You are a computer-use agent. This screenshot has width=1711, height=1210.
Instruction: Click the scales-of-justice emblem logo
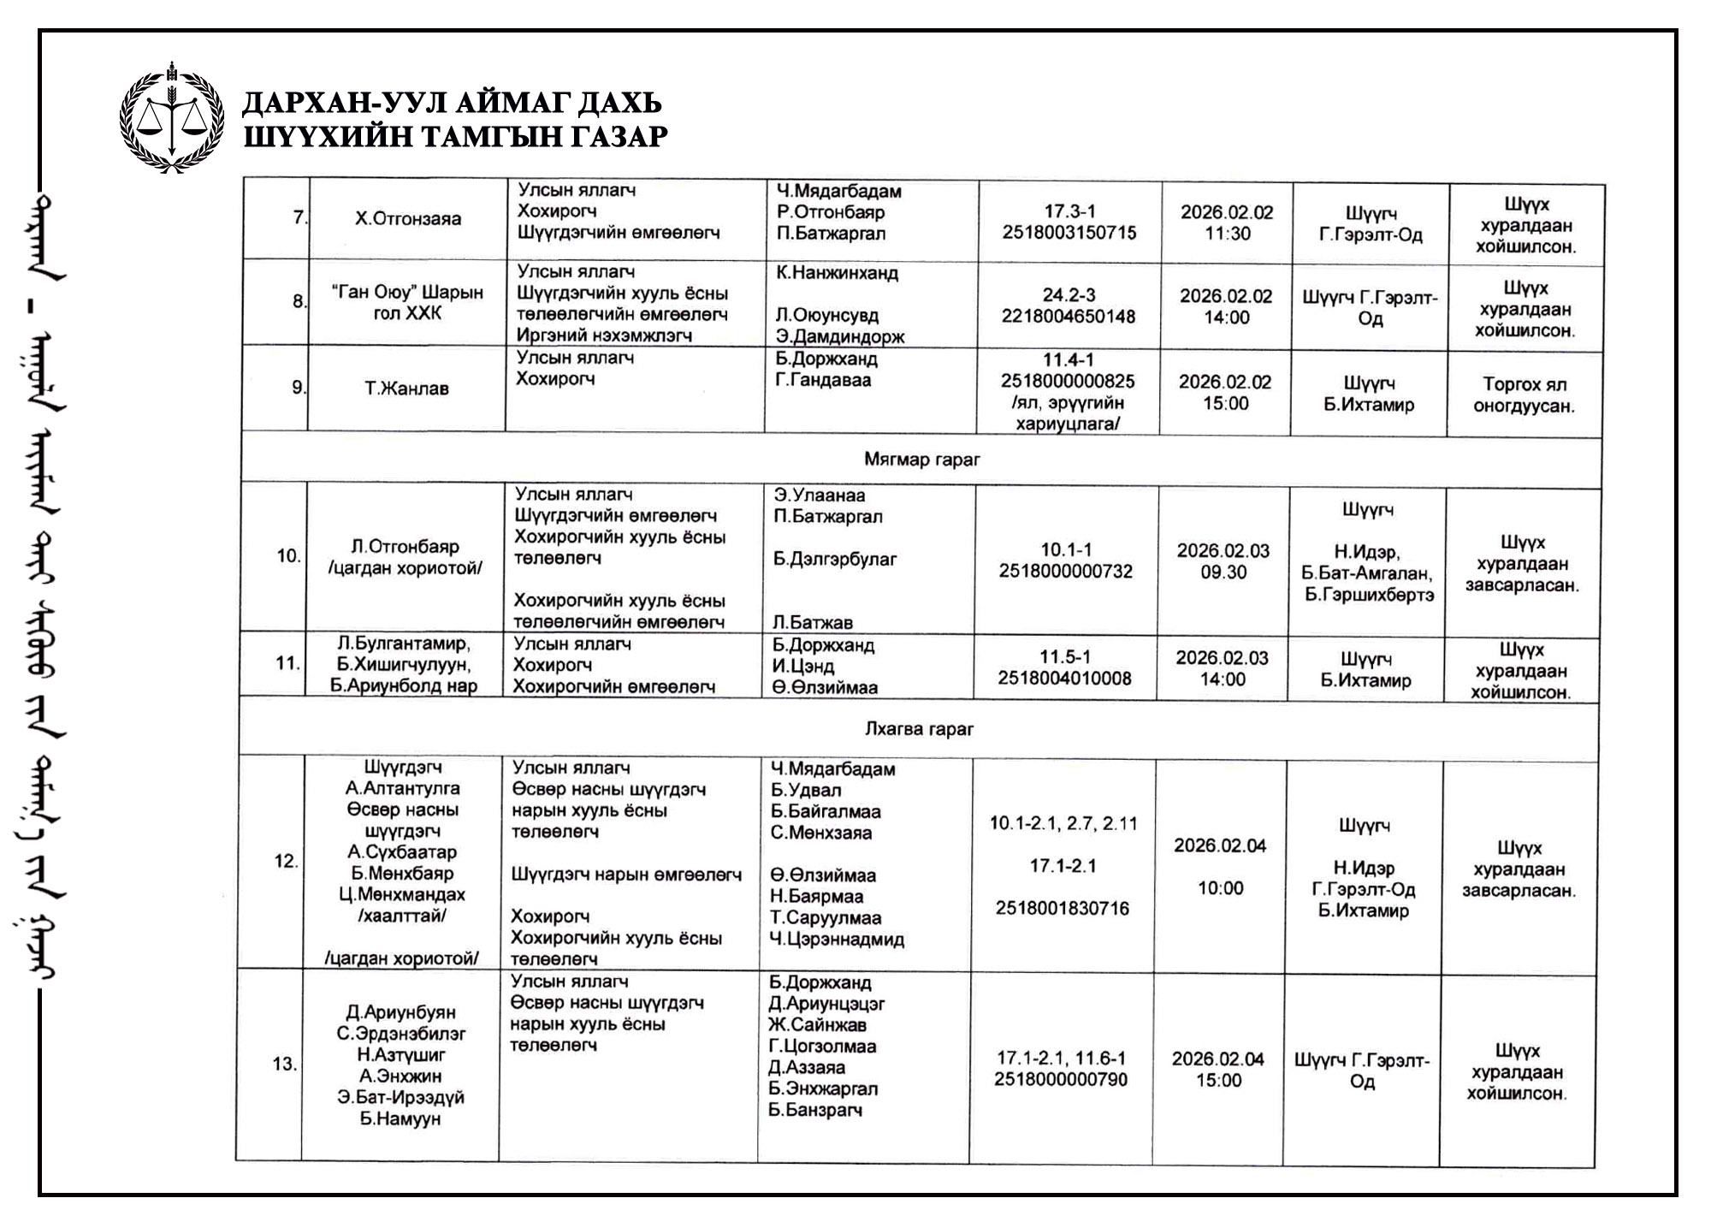point(172,119)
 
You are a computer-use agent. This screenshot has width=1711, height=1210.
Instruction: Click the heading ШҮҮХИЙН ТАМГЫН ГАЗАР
point(455,137)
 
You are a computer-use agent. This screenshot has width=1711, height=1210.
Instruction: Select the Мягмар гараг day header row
point(921,460)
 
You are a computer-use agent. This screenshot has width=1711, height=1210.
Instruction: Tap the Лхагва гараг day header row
point(919,729)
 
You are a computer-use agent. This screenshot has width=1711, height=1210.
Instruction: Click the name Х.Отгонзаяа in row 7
point(408,219)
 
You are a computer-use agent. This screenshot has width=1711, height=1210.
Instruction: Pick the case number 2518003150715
point(1069,233)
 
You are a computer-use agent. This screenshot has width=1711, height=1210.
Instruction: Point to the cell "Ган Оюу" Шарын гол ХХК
point(407,303)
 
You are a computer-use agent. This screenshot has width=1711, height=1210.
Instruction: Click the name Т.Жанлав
point(406,389)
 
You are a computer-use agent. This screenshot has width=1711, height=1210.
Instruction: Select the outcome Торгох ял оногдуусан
point(1524,394)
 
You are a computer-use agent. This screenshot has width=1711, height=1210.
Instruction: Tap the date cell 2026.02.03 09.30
point(1223,561)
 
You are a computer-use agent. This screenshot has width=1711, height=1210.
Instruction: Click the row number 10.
point(288,556)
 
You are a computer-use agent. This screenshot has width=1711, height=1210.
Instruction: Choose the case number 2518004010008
point(1064,679)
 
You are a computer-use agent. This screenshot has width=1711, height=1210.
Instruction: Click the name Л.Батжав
point(812,622)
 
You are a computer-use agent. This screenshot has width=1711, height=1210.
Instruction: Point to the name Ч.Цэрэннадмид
point(837,939)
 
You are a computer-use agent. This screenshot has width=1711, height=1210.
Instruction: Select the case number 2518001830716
point(1062,908)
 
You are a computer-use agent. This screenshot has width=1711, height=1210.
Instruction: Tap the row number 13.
point(284,1065)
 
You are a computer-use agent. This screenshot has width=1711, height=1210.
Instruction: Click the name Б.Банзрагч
point(814,1110)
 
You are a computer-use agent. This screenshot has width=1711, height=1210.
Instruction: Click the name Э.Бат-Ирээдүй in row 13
point(400,1097)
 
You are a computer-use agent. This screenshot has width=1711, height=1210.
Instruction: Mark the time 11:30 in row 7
point(1228,234)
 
